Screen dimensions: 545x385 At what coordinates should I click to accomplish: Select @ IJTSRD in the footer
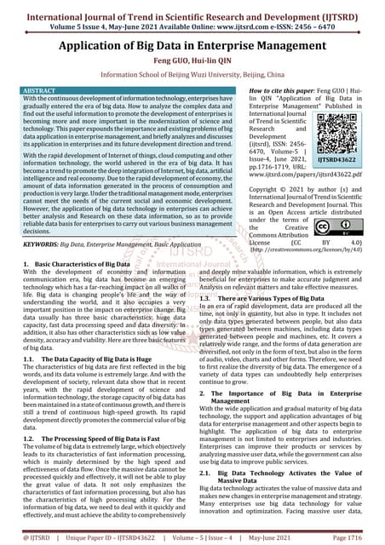point(27,536)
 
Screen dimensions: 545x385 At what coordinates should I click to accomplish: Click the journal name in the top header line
point(192,8)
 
